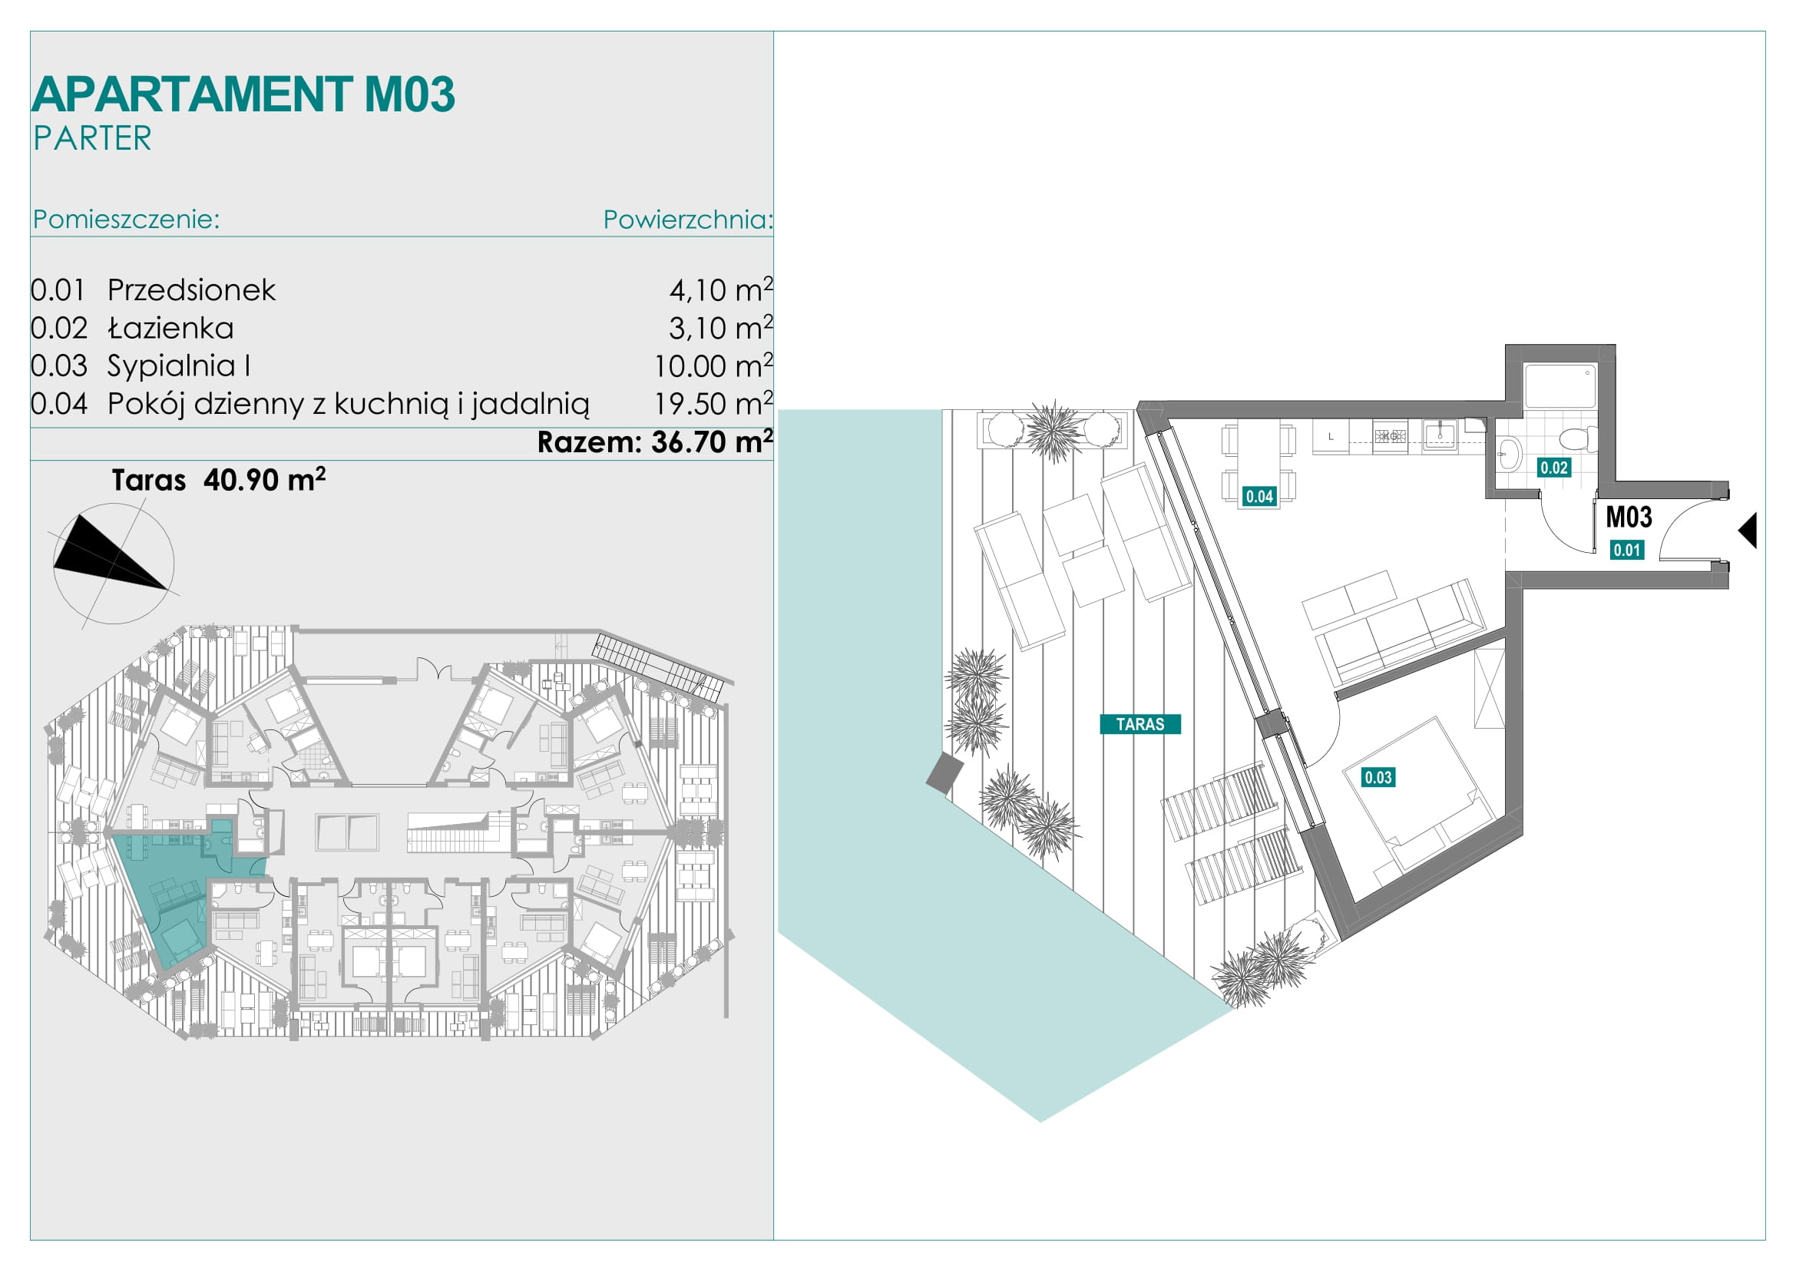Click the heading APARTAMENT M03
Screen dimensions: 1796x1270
pos(243,94)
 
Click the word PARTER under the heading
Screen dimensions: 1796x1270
pos(92,138)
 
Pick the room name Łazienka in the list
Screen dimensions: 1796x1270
pos(170,328)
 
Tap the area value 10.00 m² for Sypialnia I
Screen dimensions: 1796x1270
pos(713,365)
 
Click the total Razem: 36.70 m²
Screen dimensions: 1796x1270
pos(655,442)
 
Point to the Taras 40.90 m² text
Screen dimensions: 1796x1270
pos(218,479)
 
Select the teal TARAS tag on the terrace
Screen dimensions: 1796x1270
pos(1139,724)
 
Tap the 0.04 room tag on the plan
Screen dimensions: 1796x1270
pos(1259,496)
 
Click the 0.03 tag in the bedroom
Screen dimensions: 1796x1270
pos(1378,777)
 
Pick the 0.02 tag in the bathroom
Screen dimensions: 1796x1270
pos(1553,468)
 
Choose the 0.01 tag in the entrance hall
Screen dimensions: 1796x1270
pos(1627,550)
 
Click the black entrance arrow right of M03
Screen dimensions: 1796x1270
pos(1748,531)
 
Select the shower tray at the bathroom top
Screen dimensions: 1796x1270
pos(1560,385)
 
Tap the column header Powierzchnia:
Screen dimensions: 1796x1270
pos(687,220)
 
